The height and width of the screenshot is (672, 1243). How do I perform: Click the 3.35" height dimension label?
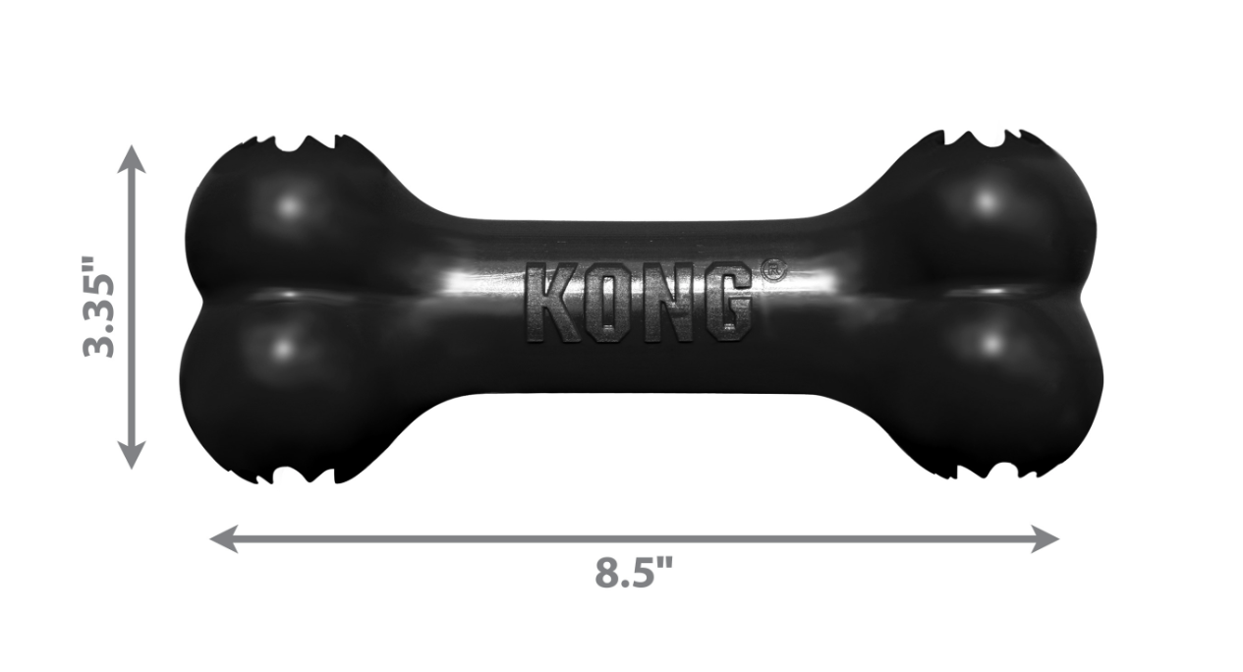(100, 308)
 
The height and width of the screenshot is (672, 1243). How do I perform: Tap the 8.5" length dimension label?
(635, 573)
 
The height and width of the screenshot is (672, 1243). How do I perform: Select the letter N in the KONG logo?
(668, 303)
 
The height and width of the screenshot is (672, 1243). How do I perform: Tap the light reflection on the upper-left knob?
(288, 207)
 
